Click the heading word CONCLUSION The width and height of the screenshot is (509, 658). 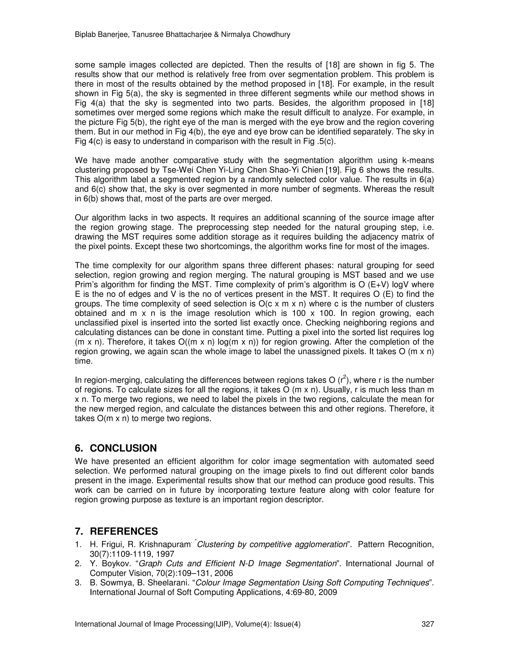click(123, 448)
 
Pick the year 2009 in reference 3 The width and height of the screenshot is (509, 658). click(328, 592)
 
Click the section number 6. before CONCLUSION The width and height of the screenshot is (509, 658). click(79, 448)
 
